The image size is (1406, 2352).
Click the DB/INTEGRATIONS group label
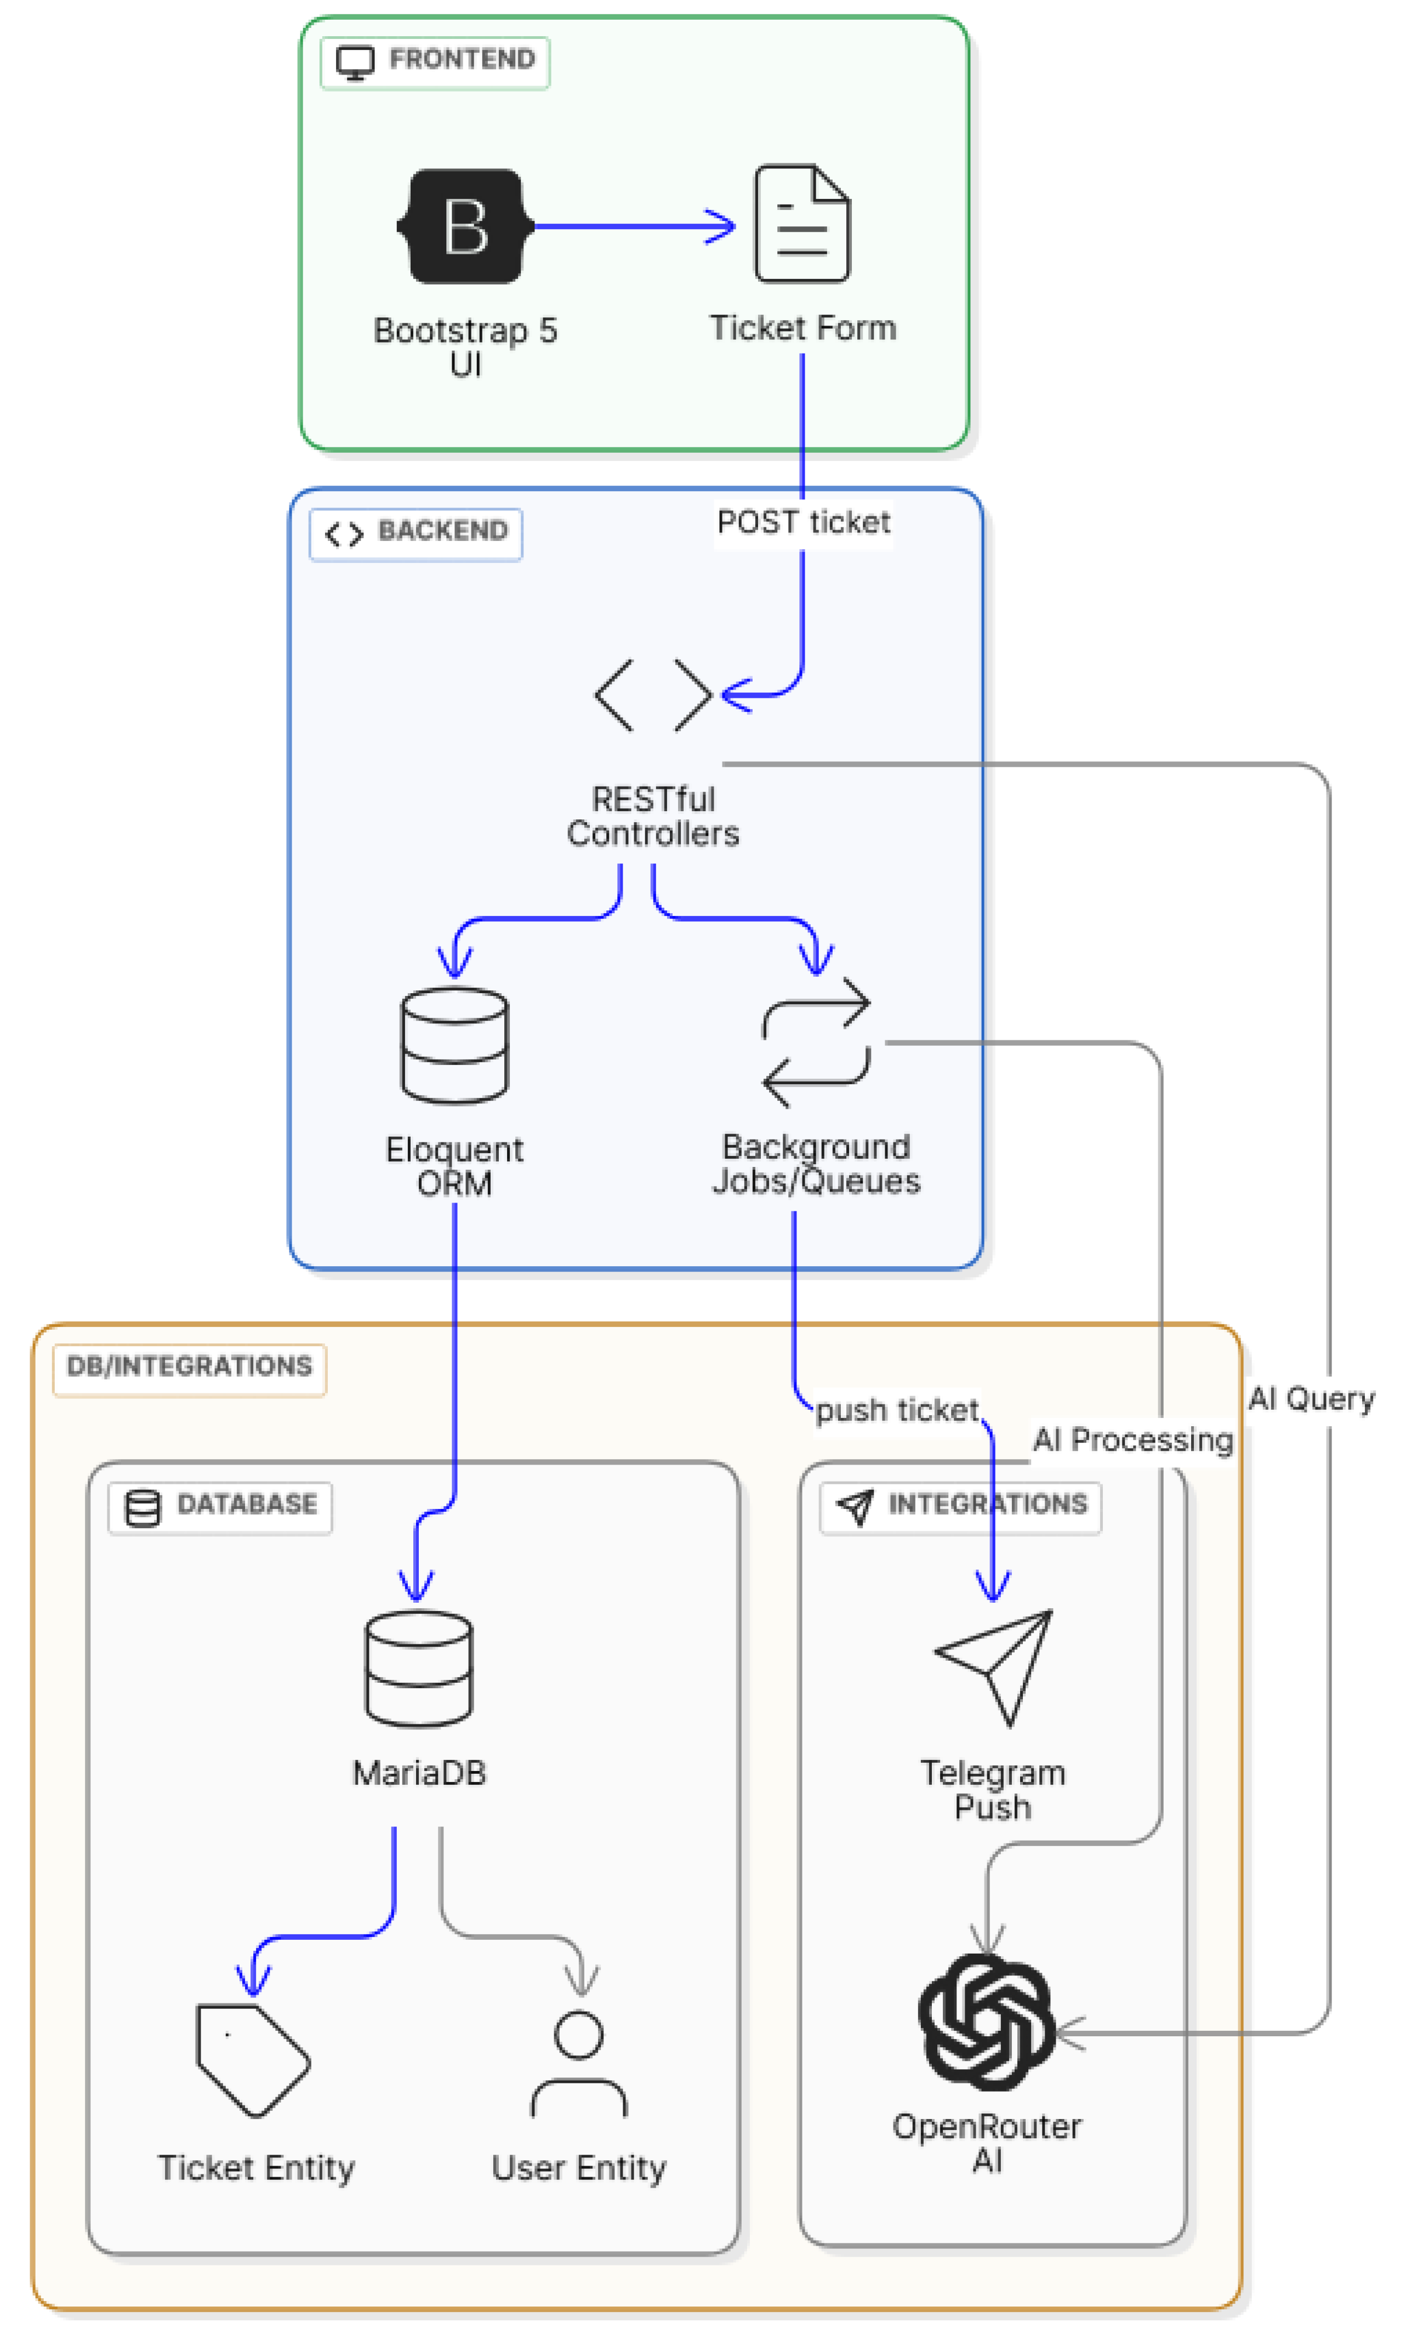coord(190,1368)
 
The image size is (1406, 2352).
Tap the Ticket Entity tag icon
coord(253,2061)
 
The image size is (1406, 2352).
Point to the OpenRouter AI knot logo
coord(986,2023)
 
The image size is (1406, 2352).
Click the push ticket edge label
coord(896,1410)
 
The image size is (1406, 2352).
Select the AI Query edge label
coord(1311,1399)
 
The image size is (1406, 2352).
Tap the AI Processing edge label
coord(1132,1441)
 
